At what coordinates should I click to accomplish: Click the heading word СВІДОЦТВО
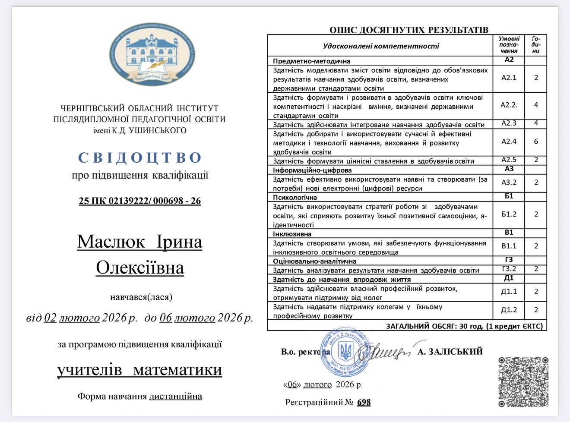[140, 158]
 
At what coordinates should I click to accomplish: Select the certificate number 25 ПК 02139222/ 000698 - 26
[140, 201]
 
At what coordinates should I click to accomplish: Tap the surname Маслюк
[111, 242]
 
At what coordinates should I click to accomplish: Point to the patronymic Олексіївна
[140, 268]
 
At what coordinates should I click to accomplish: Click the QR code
[523, 381]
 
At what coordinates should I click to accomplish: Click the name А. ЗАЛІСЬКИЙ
[450, 352]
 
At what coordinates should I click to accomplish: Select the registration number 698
[364, 402]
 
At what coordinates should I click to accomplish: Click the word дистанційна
[175, 396]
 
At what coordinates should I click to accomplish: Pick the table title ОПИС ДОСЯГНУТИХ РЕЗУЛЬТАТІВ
[408, 30]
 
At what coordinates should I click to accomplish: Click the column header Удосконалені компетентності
[381, 46]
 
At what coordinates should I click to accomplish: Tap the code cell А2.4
[509, 142]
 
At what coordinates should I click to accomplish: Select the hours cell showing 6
[536, 142]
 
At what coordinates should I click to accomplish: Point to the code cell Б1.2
[509, 214]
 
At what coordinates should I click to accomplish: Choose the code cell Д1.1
[509, 292]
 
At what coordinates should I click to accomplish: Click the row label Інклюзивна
[292, 234]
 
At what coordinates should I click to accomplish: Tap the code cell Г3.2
[509, 269]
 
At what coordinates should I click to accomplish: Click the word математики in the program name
[177, 370]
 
